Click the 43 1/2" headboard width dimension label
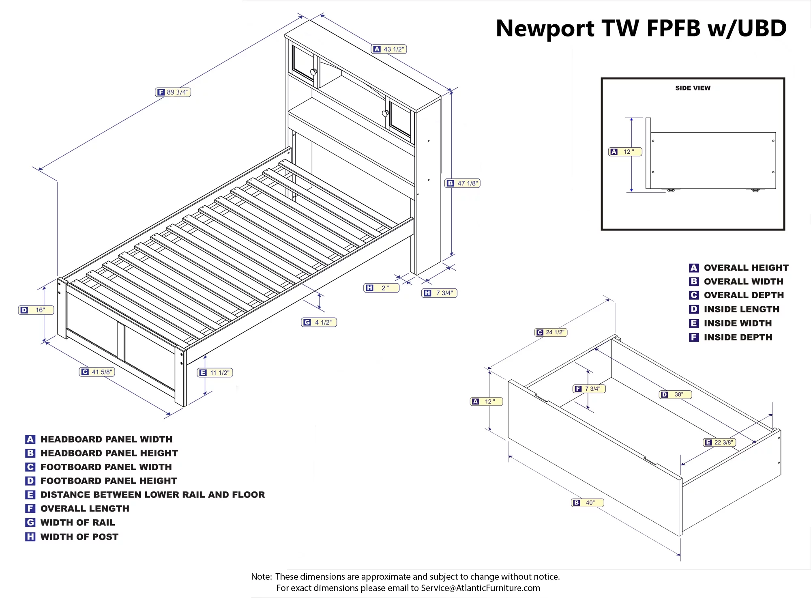click(389, 49)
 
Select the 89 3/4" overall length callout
click(173, 92)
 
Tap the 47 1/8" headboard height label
click(463, 183)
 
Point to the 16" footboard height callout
click(36, 310)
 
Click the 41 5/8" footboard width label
click(97, 372)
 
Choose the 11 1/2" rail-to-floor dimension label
click(215, 372)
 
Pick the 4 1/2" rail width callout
click(319, 322)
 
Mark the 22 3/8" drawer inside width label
click(719, 442)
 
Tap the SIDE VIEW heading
click(693, 88)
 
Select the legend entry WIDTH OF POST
click(79, 537)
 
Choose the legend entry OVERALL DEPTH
click(743, 295)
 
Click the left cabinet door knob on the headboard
click(313, 72)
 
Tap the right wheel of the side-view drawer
click(755, 189)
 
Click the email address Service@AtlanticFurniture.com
click(480, 588)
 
